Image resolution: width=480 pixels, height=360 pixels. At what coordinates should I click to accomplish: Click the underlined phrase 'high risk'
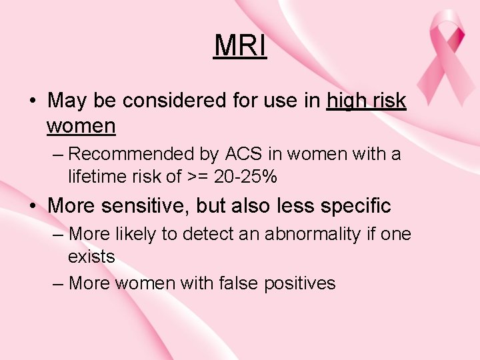[x=367, y=101]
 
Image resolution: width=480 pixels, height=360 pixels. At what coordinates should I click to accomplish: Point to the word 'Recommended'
[x=125, y=154]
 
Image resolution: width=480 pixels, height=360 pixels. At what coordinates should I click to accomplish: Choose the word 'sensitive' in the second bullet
[x=144, y=206]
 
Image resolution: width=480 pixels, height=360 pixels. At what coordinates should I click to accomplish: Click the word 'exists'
[x=91, y=257]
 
